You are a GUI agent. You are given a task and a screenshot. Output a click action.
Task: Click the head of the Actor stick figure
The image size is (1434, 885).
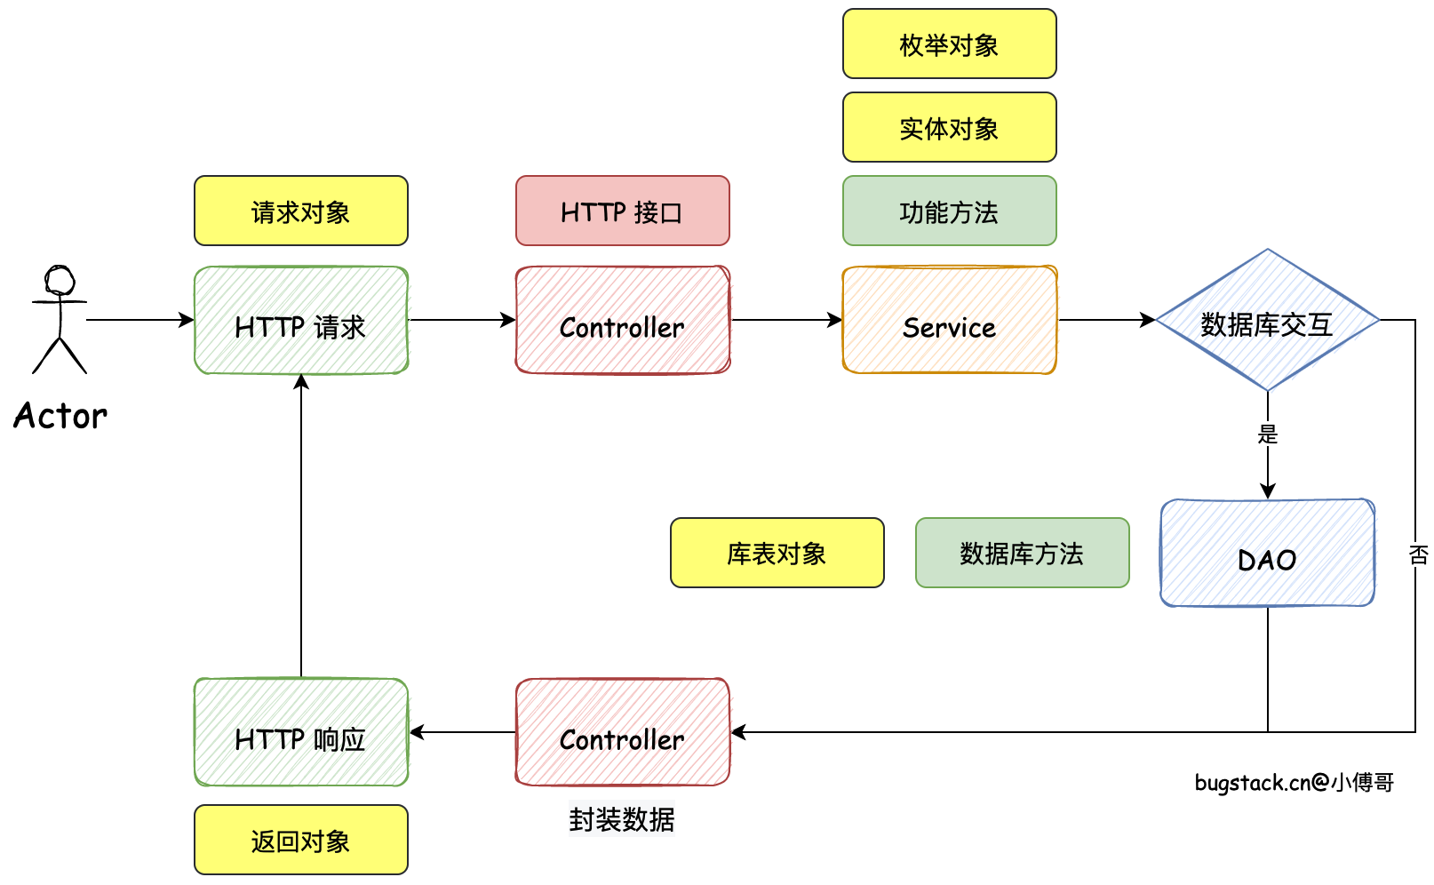pos(60,280)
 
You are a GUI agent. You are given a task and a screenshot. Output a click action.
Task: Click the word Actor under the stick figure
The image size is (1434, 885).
pos(60,416)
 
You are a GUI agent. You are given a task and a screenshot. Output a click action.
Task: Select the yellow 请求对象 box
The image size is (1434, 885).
pos(301,211)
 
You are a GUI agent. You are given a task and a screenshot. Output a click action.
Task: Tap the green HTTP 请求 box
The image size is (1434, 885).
pos(301,321)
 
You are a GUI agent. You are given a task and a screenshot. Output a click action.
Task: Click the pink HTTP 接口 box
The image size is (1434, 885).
pos(622,211)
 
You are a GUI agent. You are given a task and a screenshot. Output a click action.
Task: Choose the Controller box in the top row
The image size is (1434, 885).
pos(622,321)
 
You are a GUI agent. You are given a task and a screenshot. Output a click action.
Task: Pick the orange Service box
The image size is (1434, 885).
pos(949,321)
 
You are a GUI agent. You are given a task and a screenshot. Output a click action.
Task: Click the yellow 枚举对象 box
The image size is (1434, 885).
pos(949,44)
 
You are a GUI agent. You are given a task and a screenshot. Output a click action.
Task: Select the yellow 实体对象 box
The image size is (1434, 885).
pos(949,128)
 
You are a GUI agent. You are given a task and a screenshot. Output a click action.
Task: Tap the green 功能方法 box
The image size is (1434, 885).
pos(949,211)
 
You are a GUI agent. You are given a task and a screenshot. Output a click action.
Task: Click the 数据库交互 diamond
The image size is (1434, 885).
pos(1267,322)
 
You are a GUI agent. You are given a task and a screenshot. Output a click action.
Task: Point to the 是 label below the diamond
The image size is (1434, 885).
pos(1268,435)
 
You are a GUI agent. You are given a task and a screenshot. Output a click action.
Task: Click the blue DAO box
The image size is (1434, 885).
pos(1267,554)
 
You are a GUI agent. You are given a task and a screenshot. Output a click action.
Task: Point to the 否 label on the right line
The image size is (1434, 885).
pos(1418,555)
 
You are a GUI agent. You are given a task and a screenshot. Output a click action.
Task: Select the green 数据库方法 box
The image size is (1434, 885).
pos(1022,554)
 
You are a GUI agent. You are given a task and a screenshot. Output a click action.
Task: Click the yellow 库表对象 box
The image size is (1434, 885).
pos(777,554)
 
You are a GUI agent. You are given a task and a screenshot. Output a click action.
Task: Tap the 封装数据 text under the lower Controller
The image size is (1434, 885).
pos(622,819)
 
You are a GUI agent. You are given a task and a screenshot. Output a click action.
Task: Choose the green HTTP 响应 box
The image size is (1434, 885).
pos(301,733)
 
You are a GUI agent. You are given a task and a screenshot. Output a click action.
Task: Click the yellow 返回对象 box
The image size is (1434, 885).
pos(301,841)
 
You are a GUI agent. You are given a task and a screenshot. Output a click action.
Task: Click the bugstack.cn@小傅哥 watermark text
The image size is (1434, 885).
pos(1294,783)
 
